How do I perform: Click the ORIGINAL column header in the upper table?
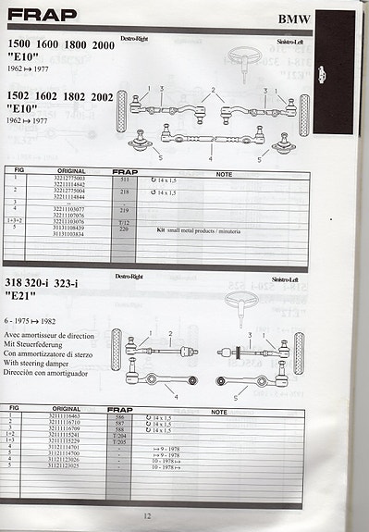point(71,171)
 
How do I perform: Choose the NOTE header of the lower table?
point(219,411)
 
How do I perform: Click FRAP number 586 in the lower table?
point(119,418)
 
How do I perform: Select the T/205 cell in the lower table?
point(119,442)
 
